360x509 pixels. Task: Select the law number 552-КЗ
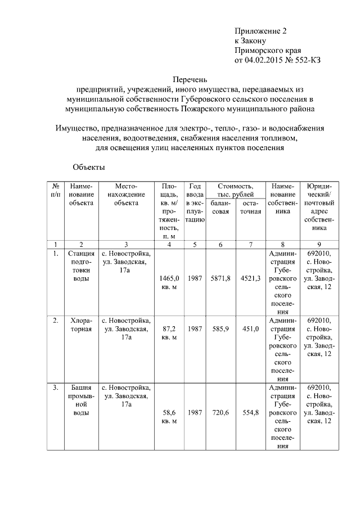304,60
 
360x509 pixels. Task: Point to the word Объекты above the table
88,167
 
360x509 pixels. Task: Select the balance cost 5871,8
220,278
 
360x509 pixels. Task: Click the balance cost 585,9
220,328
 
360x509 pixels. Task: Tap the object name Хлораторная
81,325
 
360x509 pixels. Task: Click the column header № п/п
56,190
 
